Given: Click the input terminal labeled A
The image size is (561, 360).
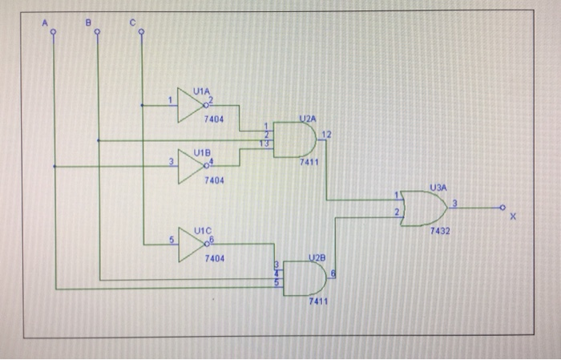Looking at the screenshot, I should click(54, 33).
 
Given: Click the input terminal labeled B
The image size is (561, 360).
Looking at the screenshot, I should click(98, 33).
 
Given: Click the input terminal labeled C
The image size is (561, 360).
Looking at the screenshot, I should click(142, 33).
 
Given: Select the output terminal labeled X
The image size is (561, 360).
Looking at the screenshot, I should click(503, 208).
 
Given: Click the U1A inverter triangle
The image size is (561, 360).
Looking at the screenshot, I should click(190, 105).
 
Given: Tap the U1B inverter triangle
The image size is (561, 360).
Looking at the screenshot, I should click(190, 167).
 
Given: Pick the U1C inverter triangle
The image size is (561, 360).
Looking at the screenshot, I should click(190, 243).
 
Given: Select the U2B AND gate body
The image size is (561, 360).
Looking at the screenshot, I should click(304, 277).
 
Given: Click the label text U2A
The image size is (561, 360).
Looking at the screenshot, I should click(307, 118).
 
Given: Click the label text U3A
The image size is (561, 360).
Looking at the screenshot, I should click(438, 186).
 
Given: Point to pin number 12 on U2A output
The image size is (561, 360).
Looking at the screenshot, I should click(324, 132).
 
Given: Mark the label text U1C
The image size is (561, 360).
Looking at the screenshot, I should click(203, 230).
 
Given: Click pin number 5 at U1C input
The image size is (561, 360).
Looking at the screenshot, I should click(170, 239).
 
